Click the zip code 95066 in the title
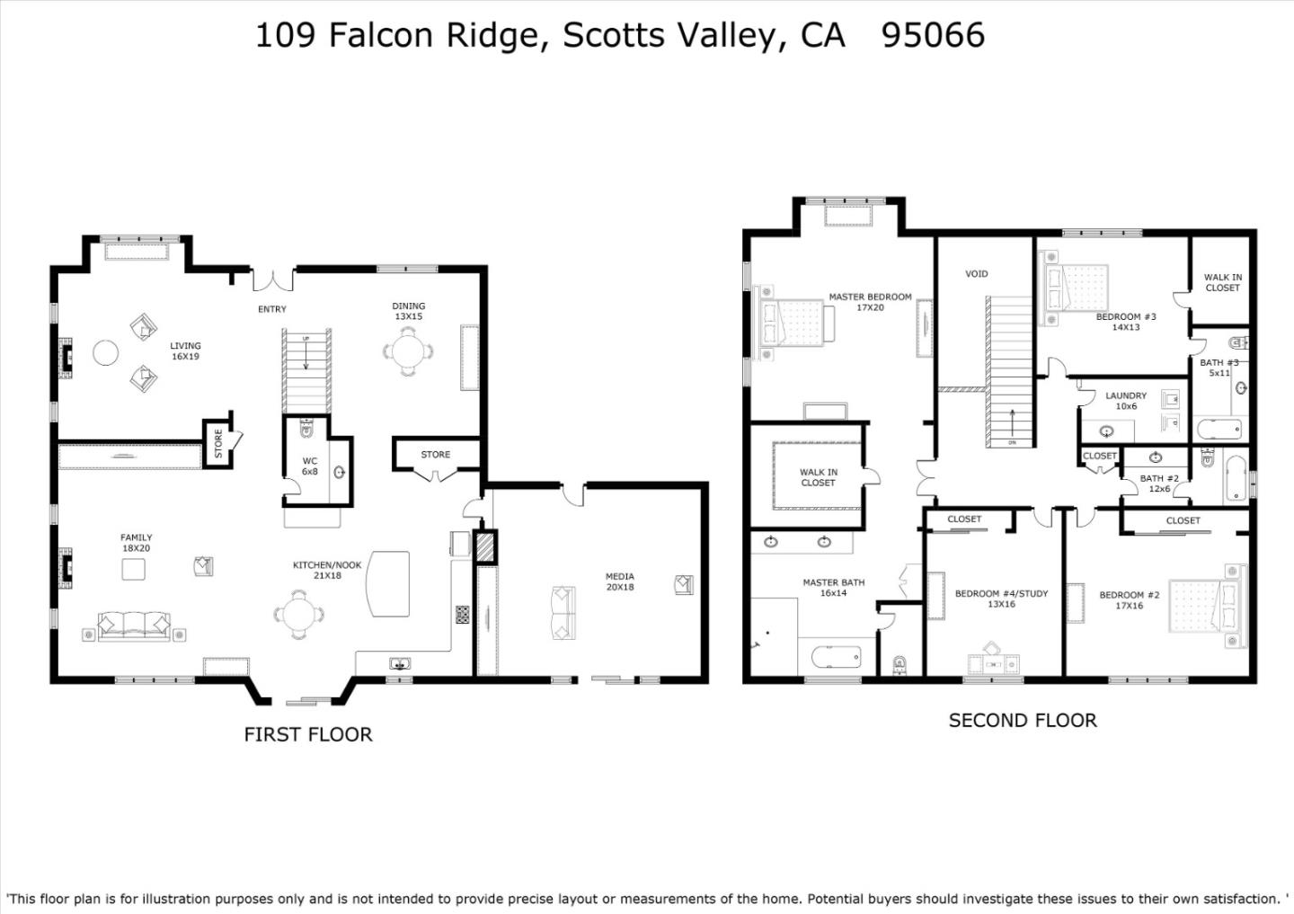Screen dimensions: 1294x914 (x=933, y=35)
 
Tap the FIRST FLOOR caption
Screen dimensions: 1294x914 (x=308, y=734)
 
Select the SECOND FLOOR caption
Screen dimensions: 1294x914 (x=1023, y=721)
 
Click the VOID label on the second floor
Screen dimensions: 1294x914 (x=976, y=274)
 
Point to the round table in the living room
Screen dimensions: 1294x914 (x=106, y=352)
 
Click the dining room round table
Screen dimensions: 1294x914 (x=408, y=351)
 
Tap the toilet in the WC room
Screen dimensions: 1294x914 (x=306, y=428)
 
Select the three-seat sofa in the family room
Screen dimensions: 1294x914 (x=134, y=626)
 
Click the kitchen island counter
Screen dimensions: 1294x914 (x=388, y=583)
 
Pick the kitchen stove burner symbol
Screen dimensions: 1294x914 (x=462, y=614)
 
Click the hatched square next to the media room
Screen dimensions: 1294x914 (x=485, y=547)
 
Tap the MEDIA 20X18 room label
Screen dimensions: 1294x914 (x=620, y=581)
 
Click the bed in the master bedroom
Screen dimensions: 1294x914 (x=794, y=323)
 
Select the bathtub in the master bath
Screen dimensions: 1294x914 (x=836, y=657)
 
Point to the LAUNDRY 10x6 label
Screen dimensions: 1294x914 (x=1126, y=401)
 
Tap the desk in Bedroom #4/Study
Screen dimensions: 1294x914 (x=994, y=662)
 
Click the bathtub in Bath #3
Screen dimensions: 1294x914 (x=1219, y=430)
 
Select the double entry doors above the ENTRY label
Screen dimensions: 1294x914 (x=272, y=280)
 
